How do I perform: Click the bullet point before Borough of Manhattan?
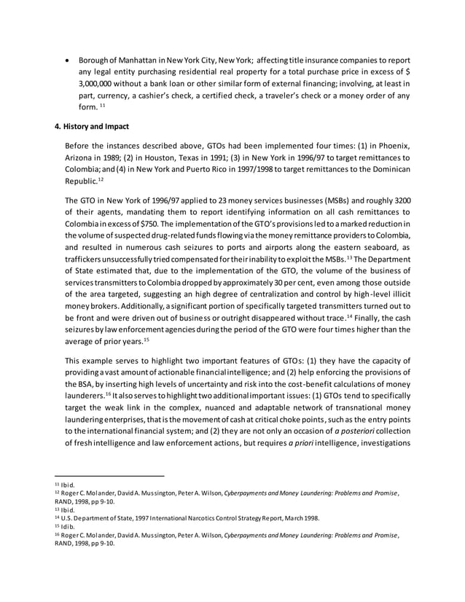tap(68, 59)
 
